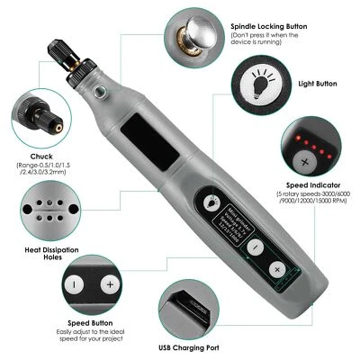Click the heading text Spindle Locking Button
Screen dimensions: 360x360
274,28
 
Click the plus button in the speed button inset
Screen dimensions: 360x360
109,284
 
